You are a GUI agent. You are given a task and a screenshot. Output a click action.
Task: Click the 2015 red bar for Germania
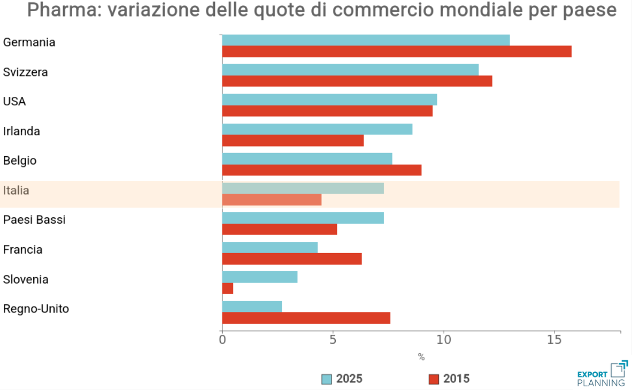397,51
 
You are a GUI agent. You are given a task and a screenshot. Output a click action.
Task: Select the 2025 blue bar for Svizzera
350,70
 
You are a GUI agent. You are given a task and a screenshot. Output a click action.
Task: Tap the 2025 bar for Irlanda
317,129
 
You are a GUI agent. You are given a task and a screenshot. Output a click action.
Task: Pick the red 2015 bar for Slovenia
228,288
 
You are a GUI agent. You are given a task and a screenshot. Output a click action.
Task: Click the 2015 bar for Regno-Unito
306,318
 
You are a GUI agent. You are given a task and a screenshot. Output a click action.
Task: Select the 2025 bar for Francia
269,248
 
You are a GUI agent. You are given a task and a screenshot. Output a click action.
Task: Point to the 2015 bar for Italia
272,200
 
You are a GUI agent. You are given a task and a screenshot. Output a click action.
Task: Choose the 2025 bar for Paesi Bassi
303,218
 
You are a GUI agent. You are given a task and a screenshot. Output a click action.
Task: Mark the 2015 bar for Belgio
321,170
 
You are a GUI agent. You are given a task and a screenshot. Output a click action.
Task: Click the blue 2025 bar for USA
329,100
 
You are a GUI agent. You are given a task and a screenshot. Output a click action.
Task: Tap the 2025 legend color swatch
327,379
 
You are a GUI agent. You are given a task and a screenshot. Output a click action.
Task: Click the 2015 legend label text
456,379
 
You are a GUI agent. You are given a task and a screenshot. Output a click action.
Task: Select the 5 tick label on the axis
333,340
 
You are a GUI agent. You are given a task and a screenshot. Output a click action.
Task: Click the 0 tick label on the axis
222,340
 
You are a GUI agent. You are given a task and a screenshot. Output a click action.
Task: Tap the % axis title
421,357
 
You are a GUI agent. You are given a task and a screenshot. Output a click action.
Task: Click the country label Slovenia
26,279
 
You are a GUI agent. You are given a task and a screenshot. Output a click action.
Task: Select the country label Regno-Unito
36,309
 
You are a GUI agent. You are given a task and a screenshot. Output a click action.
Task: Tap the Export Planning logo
602,374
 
